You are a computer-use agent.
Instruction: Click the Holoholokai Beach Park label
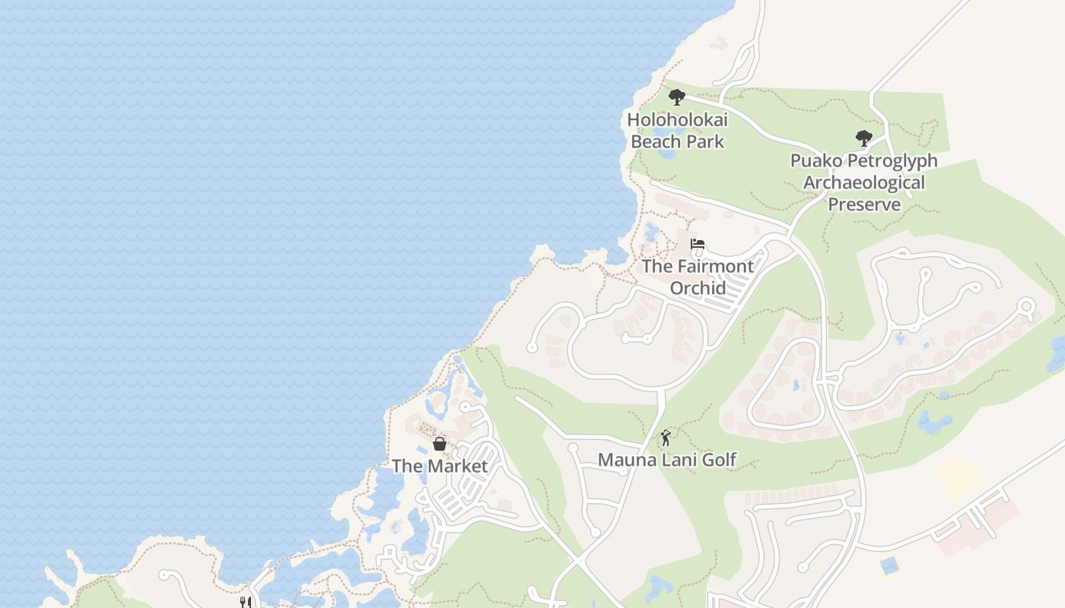677,131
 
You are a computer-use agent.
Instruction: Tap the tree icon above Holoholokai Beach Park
676,97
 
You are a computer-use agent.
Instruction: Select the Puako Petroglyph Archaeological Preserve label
863,182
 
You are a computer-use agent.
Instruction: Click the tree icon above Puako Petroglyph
863,138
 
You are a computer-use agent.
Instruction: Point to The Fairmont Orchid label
698,277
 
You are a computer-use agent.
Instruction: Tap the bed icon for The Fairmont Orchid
698,244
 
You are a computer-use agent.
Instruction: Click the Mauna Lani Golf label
667,459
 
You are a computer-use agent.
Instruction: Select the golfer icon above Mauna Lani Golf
666,438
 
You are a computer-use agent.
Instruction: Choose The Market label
439,466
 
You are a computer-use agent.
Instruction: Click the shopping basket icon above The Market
439,444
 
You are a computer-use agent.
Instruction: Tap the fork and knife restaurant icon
245,603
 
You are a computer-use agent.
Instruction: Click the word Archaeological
863,182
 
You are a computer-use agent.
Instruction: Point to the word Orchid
698,288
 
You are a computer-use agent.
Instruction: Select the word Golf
719,459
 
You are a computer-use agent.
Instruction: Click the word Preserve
864,204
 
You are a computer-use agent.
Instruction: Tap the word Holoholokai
677,119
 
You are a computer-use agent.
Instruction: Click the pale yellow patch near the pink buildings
960,477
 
